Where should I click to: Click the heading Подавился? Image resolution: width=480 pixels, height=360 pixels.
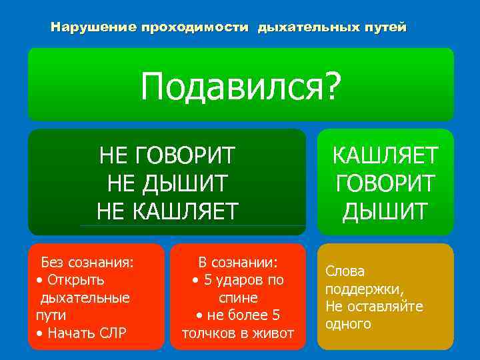point(240,87)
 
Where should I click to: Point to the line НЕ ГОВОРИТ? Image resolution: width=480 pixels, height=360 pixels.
point(167,157)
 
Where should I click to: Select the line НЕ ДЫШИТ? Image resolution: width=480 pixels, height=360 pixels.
point(167,183)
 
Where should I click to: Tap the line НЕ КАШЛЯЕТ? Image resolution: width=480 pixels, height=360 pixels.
point(167,211)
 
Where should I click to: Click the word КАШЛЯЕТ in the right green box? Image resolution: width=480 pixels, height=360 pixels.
point(385,156)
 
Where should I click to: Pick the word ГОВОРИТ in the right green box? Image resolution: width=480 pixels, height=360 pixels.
point(385,183)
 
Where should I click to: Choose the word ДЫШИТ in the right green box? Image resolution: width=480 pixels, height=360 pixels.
point(385,211)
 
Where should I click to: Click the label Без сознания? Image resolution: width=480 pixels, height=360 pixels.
point(87,261)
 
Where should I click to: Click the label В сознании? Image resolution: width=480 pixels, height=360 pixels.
point(238,261)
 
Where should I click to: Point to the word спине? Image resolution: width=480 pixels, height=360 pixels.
point(238,297)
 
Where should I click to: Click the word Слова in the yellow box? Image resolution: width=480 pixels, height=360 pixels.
point(345,272)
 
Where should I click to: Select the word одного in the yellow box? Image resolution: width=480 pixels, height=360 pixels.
point(348,324)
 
